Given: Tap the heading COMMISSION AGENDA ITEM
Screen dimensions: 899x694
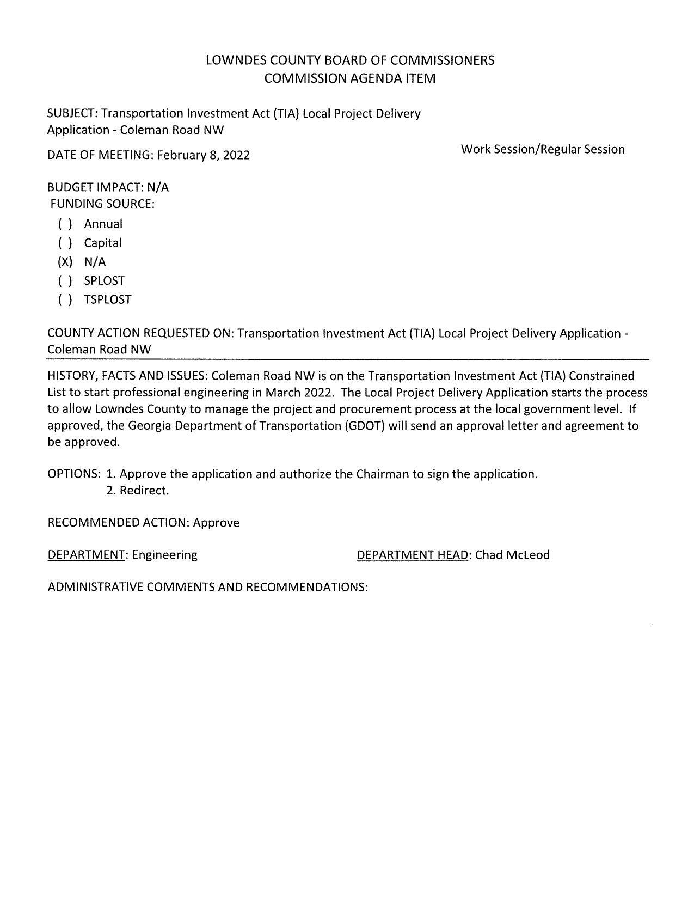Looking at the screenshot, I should click(x=349, y=78).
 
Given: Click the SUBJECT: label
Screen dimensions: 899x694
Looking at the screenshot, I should click(x=72, y=114).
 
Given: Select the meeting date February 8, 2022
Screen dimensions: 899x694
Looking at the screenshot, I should click(x=203, y=155).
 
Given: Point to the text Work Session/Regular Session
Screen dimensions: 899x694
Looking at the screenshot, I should click(x=542, y=149).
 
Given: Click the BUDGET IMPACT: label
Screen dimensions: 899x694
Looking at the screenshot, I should click(x=95, y=187).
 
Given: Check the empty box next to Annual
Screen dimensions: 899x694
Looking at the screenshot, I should click(x=65, y=224).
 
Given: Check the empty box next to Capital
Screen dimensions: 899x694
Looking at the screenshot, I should click(x=65, y=243).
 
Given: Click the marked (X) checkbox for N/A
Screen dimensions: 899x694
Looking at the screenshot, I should click(x=65, y=262).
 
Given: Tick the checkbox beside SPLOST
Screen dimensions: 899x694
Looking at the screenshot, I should click(x=65, y=281).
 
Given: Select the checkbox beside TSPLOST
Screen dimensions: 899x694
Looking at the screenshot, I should click(x=65, y=300).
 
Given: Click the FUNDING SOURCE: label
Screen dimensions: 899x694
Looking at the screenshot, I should click(x=102, y=204).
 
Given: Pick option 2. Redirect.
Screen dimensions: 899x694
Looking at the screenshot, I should click(x=137, y=491).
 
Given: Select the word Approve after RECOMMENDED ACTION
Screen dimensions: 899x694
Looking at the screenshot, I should click(x=216, y=523).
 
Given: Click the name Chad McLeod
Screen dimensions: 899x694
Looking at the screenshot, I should click(x=512, y=555).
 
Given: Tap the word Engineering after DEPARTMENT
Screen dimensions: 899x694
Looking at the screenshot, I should click(x=164, y=555).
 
